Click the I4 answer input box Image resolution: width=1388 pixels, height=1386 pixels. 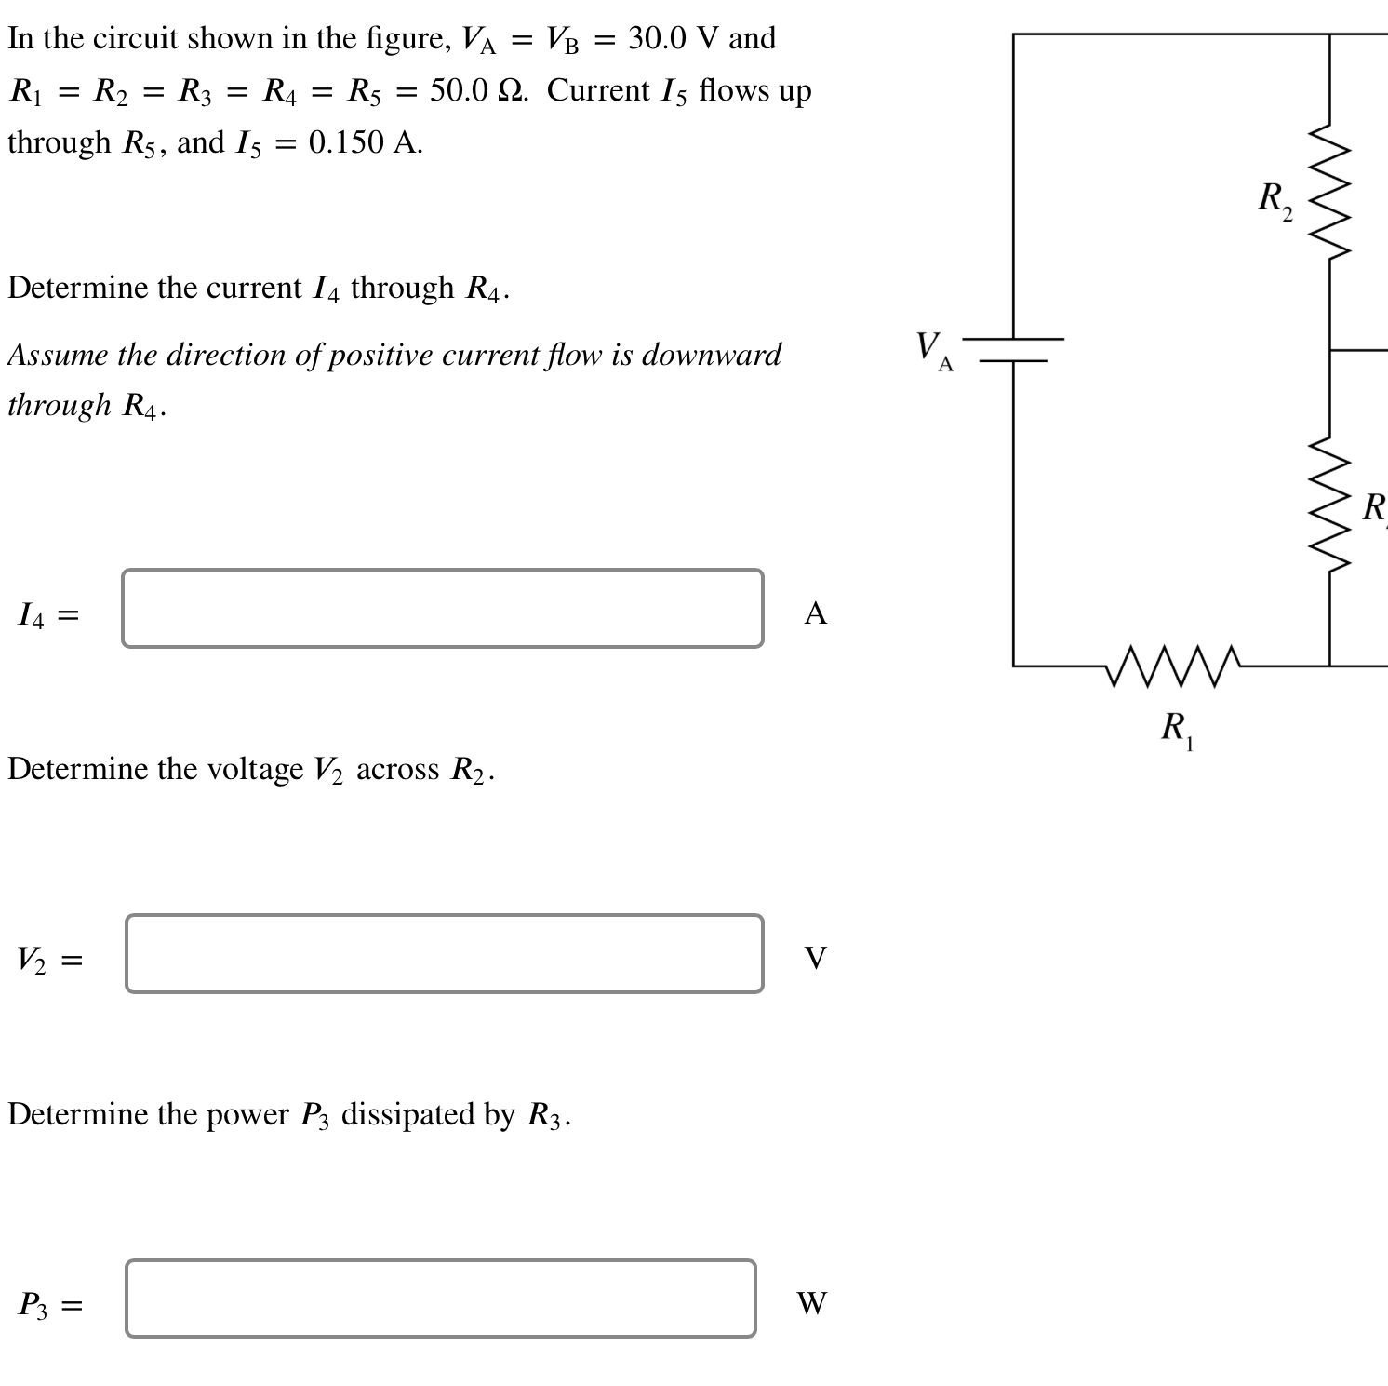[x=443, y=609]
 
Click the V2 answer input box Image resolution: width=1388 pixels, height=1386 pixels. [x=445, y=954]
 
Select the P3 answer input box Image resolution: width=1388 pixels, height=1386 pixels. [x=441, y=1299]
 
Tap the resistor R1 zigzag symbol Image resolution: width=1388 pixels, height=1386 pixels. [x=1174, y=666]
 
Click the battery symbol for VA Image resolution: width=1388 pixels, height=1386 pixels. [x=1013, y=349]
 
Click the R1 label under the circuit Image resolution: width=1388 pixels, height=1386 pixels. [x=1177, y=729]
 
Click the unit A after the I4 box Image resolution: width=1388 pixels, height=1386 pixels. [x=815, y=613]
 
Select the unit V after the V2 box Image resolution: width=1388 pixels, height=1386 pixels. [x=815, y=958]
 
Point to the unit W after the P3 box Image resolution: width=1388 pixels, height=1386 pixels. [x=811, y=1303]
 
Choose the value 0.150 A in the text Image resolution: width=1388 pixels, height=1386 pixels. [x=364, y=142]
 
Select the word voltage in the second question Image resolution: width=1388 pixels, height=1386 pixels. [x=254, y=769]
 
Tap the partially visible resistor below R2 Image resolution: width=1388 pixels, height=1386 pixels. [x=1330, y=507]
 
